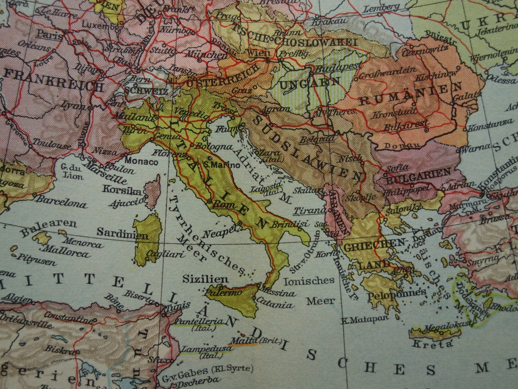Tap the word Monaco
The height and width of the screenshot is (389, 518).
(x=141, y=161)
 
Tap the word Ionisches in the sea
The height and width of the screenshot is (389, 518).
(x=309, y=281)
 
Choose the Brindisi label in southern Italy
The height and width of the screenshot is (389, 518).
(x=289, y=224)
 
